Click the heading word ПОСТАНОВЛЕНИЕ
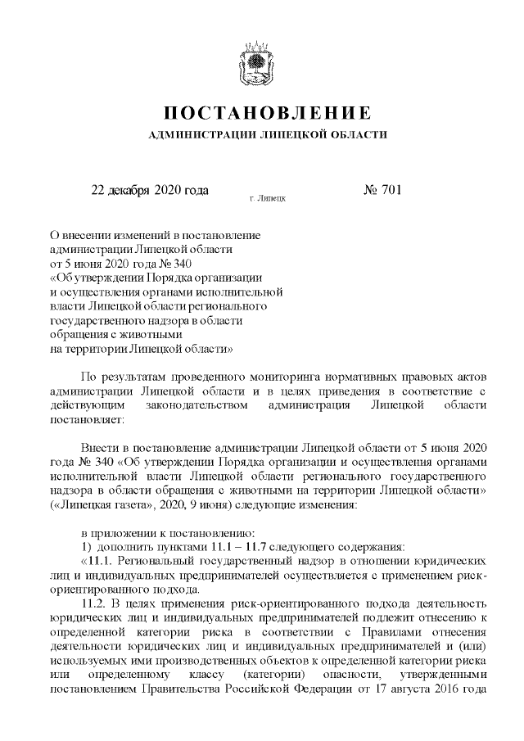point(261,112)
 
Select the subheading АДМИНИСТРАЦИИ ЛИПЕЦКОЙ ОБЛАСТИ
point(261,133)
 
